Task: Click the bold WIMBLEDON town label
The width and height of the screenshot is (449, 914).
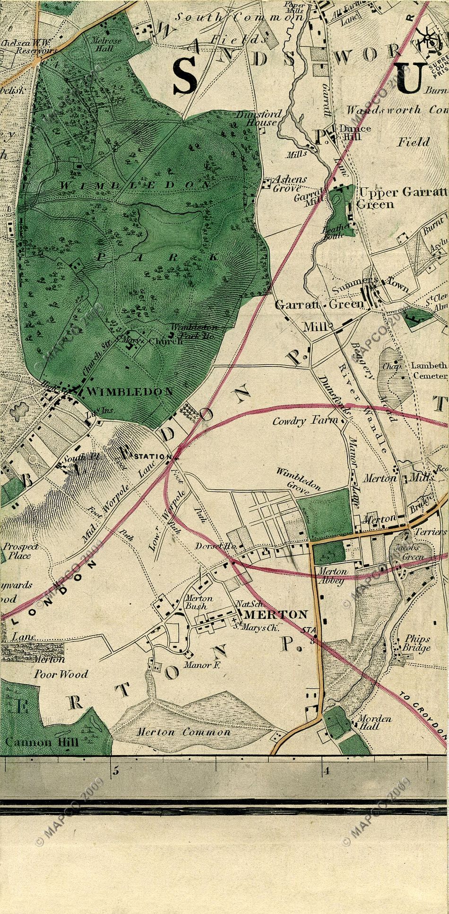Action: point(130,391)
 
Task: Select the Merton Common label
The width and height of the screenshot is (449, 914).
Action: point(183,732)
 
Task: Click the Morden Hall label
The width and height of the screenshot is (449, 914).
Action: point(375,722)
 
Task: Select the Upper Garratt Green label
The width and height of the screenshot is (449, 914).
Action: point(402,198)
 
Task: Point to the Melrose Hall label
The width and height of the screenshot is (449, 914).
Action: point(108,44)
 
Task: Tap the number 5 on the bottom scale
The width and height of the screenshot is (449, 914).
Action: point(115,772)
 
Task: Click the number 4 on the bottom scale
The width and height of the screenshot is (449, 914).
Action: point(326,772)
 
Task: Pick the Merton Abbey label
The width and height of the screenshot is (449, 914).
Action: point(333,575)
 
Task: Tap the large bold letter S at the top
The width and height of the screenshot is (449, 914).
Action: point(185,76)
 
